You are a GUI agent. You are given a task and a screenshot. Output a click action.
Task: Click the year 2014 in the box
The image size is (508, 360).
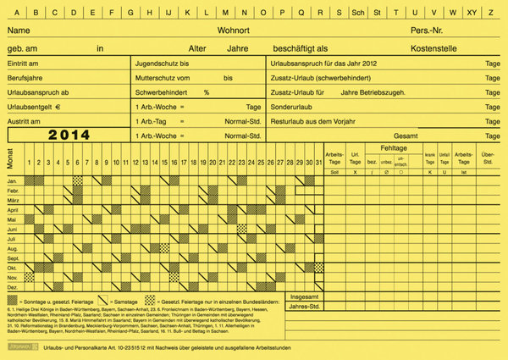click(69, 135)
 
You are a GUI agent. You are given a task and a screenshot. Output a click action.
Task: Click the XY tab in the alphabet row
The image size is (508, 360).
click(472, 13)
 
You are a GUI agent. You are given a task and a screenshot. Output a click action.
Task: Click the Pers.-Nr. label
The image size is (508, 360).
click(429, 30)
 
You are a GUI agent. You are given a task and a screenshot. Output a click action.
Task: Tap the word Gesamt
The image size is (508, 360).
click(406, 136)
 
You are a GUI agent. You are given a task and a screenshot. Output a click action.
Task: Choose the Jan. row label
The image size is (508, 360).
click(12, 181)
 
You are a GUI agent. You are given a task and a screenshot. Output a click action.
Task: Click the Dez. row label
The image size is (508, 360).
click(12, 286)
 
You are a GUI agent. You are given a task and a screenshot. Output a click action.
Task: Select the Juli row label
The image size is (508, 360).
click(12, 239)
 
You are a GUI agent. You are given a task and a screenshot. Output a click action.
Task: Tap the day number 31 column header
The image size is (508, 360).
click(318, 162)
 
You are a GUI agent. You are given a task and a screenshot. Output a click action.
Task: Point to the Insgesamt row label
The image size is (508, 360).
click(306, 298)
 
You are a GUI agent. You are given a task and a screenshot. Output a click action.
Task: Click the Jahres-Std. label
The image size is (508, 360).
click(305, 307)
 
